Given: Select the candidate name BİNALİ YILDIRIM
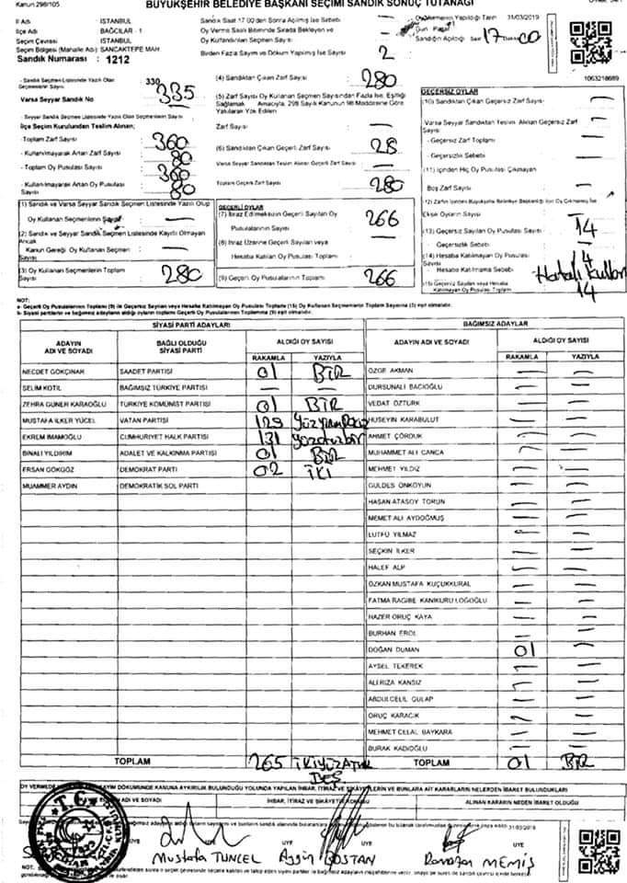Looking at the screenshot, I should coord(48,453).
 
